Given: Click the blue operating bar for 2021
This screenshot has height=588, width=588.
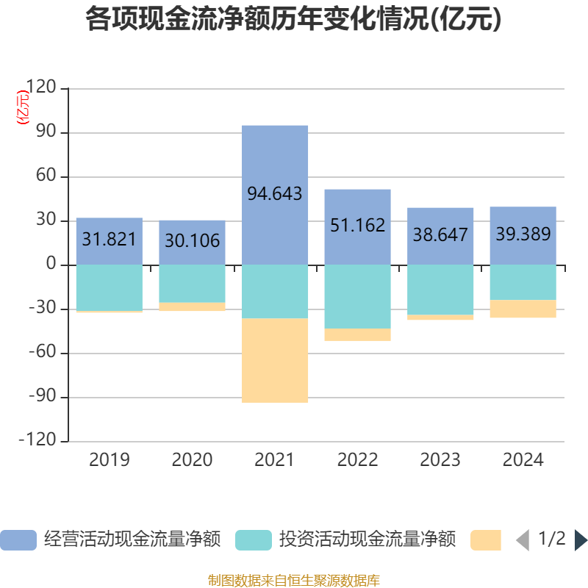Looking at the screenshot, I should (275, 162).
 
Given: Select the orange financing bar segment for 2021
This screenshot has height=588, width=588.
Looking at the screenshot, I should (275, 360).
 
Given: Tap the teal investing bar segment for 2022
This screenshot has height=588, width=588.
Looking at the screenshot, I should (357, 296).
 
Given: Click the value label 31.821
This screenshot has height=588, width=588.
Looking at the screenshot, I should (109, 240).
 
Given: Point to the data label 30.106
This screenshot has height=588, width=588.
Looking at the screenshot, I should (192, 240).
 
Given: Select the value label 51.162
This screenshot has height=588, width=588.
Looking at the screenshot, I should (357, 225).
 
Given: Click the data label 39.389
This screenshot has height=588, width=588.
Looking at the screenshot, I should (523, 234).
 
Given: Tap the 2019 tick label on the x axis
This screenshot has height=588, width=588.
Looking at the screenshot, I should (109, 460).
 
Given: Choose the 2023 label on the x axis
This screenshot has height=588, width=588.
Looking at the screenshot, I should (440, 460).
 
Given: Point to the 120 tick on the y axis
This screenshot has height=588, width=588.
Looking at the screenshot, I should (40, 88).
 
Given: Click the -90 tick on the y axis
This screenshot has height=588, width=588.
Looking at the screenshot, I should (40, 397).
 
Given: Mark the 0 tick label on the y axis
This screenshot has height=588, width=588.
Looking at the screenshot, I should (51, 265).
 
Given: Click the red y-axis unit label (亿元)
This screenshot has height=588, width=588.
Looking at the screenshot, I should (24, 107).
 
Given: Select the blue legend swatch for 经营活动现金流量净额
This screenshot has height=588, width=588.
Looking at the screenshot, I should (18, 540).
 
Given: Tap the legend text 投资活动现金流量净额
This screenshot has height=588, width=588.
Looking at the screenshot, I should (367, 539).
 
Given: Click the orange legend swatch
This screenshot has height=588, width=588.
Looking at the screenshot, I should (485, 540).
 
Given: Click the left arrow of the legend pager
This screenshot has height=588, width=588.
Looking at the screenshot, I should (522, 540).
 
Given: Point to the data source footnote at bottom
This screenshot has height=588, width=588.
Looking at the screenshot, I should (294, 581).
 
